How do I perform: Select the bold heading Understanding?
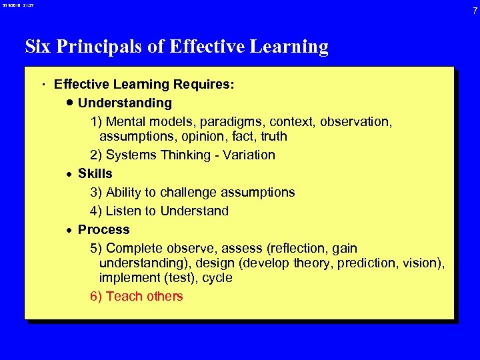click(125, 103)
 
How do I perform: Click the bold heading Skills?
click(95, 173)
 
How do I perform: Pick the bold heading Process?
click(103, 229)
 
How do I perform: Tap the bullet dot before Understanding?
click(70, 103)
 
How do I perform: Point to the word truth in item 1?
click(274, 136)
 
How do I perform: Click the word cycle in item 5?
click(216, 277)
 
